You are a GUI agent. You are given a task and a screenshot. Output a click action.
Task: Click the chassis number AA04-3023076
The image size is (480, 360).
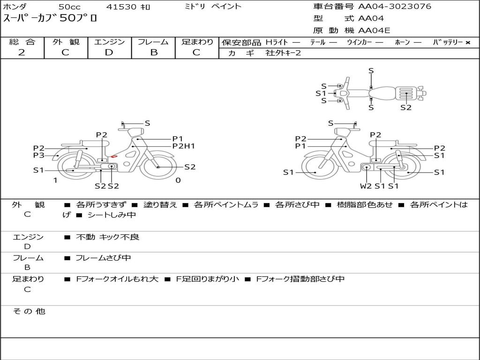(x=395, y=7)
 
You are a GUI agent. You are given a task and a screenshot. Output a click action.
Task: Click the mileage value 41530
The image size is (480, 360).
(x=121, y=7)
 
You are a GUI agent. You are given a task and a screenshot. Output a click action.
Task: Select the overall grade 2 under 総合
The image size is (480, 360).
(x=22, y=52)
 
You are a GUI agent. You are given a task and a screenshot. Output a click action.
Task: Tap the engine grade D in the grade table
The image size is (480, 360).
(x=109, y=52)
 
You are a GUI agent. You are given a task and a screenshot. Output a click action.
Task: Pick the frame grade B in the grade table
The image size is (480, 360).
(x=154, y=52)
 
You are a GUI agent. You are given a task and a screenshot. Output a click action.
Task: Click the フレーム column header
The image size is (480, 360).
(x=153, y=42)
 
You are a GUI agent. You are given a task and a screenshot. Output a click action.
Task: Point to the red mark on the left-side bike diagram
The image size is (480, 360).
(x=114, y=157)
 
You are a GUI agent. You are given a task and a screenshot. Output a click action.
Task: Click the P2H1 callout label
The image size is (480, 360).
(x=183, y=146)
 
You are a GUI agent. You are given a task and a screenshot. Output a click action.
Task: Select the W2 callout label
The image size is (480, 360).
(x=366, y=186)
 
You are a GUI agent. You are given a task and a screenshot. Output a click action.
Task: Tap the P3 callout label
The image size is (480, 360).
(x=38, y=155)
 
